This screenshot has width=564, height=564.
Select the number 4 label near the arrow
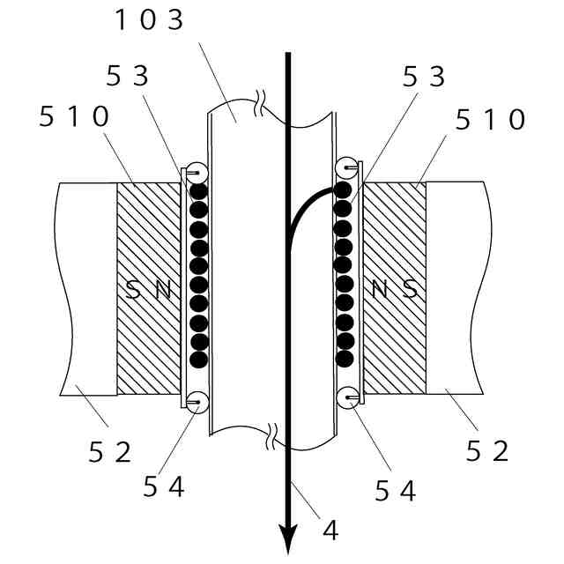tap(330, 530)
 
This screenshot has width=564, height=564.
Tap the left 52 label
tap(110, 452)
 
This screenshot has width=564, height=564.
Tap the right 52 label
tap(487, 451)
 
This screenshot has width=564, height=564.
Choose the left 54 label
tap(164, 486)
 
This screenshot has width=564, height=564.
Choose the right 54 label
tap(396, 490)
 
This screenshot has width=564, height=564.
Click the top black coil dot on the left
tap(199, 190)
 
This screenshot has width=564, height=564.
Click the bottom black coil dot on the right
tap(345, 359)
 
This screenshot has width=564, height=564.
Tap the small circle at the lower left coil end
tap(197, 402)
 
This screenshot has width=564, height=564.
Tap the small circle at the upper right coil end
tap(347, 167)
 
